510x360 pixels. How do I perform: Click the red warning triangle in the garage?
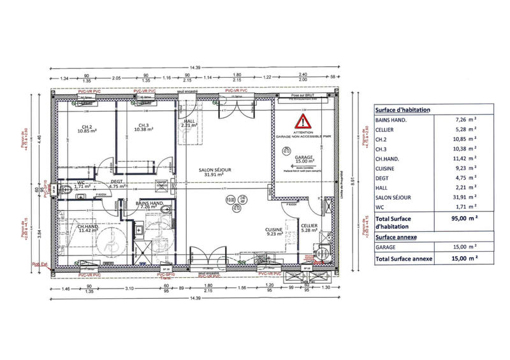tap(302, 121)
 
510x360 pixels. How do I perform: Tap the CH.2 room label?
tap(86, 127)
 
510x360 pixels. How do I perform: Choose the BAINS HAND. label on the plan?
tap(152, 205)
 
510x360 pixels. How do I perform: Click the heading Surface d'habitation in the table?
tap(402, 110)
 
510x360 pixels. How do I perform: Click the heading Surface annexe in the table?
tap(396, 236)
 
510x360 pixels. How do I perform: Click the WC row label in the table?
tap(380, 207)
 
